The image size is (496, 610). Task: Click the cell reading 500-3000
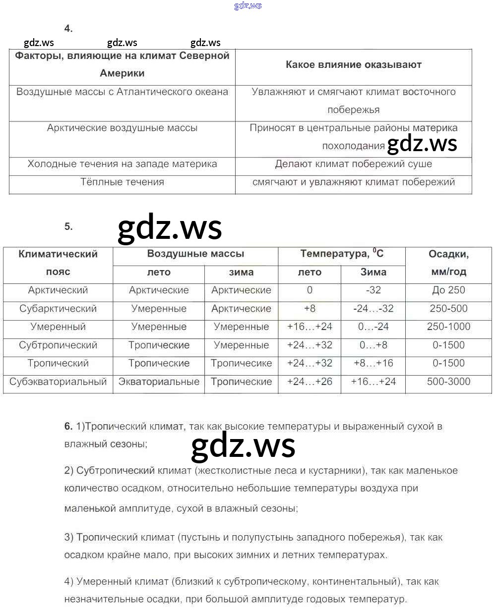(x=448, y=382)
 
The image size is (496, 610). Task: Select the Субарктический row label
(x=58, y=309)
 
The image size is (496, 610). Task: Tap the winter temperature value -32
(x=373, y=290)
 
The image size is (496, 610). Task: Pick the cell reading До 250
(x=448, y=290)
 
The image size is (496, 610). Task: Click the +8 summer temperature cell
(x=310, y=309)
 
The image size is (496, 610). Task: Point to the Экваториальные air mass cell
(x=159, y=382)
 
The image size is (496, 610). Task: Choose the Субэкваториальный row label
(x=58, y=382)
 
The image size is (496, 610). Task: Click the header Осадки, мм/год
(x=448, y=263)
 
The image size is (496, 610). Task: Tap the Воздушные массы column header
(x=195, y=254)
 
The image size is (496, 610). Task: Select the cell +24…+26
(x=310, y=382)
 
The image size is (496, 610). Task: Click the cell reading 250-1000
(x=448, y=327)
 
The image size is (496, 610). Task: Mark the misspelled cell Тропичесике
(x=241, y=363)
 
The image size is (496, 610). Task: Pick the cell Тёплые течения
(x=122, y=182)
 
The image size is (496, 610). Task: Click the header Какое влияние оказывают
(x=353, y=64)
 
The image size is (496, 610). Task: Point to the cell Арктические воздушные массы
(x=122, y=128)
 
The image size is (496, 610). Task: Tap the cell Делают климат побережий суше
(x=353, y=164)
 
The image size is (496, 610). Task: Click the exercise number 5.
(x=68, y=226)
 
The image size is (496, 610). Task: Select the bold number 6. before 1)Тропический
(x=68, y=426)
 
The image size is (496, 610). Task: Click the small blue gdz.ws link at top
(x=248, y=6)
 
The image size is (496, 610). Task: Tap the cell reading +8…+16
(x=373, y=363)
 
